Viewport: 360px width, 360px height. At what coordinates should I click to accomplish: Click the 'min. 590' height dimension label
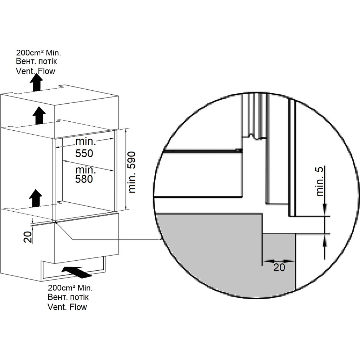pos(132,172)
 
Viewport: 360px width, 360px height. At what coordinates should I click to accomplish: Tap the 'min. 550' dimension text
pos(84,147)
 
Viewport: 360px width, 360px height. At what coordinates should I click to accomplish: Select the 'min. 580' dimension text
pos(84,174)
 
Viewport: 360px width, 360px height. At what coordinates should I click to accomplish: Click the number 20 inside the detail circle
pos(279,267)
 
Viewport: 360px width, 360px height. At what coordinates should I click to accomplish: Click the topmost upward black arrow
pos(36,83)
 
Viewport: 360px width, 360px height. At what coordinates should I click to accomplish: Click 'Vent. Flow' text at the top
pos(36,71)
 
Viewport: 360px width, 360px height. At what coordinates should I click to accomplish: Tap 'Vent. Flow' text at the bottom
pos(67,307)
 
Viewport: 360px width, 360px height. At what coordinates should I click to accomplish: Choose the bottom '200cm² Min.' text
pos(70,288)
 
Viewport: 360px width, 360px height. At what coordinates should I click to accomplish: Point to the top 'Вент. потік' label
pos(37,61)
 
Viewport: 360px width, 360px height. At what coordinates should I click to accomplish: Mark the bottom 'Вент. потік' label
pos(68,298)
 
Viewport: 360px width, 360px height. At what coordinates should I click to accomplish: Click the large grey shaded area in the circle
pos(209,252)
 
